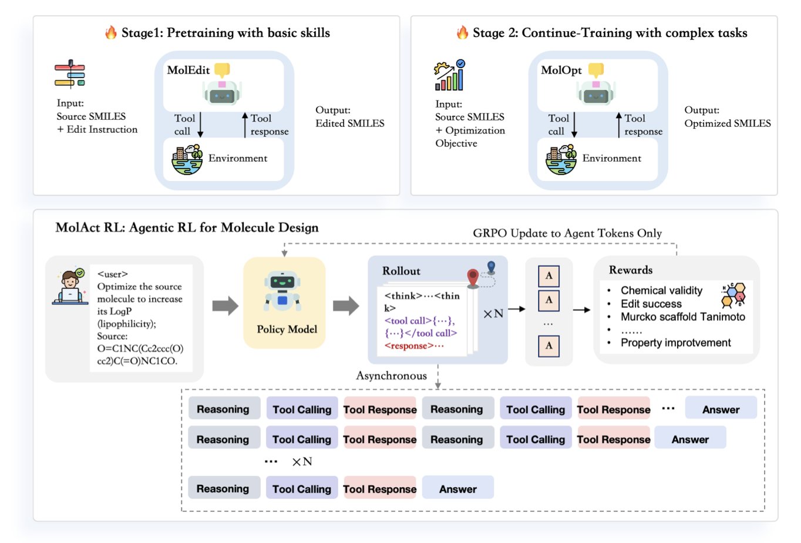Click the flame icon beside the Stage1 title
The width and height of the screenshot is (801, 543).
[111, 32]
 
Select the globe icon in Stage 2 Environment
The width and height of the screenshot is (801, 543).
[561, 160]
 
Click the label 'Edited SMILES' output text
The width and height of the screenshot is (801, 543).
[350, 123]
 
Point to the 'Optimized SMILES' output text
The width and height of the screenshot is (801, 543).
[728, 123]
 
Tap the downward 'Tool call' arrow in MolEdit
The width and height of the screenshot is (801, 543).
[200, 125]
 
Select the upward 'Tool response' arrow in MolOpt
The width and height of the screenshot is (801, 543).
[618, 125]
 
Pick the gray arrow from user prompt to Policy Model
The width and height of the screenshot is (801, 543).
[225, 306]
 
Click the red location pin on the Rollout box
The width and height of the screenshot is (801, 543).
[473, 277]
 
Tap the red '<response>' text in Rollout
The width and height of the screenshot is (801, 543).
[414, 346]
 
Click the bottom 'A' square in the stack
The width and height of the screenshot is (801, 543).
[548, 346]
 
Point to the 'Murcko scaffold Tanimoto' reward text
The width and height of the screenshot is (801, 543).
[682, 317]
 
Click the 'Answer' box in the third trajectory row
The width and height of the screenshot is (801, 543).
[458, 489]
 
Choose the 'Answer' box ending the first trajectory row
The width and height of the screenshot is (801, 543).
[721, 410]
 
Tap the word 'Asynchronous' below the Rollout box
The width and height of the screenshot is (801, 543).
[391, 376]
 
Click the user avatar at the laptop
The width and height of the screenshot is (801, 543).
[70, 286]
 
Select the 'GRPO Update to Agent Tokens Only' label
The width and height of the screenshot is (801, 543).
[567, 233]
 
